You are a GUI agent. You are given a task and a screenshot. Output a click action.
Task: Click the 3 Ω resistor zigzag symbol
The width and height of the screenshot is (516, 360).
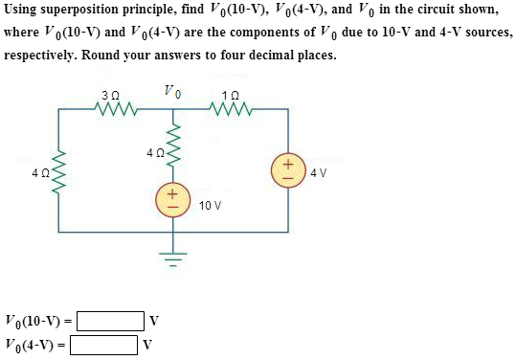(118, 110)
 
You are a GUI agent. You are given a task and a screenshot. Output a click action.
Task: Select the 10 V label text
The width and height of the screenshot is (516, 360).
(211, 205)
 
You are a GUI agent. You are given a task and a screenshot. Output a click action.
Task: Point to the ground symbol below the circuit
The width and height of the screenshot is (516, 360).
(173, 258)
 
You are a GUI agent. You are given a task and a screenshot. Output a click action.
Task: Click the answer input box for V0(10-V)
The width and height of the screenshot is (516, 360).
(111, 318)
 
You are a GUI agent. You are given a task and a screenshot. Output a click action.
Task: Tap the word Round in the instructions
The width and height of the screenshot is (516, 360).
(103, 55)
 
